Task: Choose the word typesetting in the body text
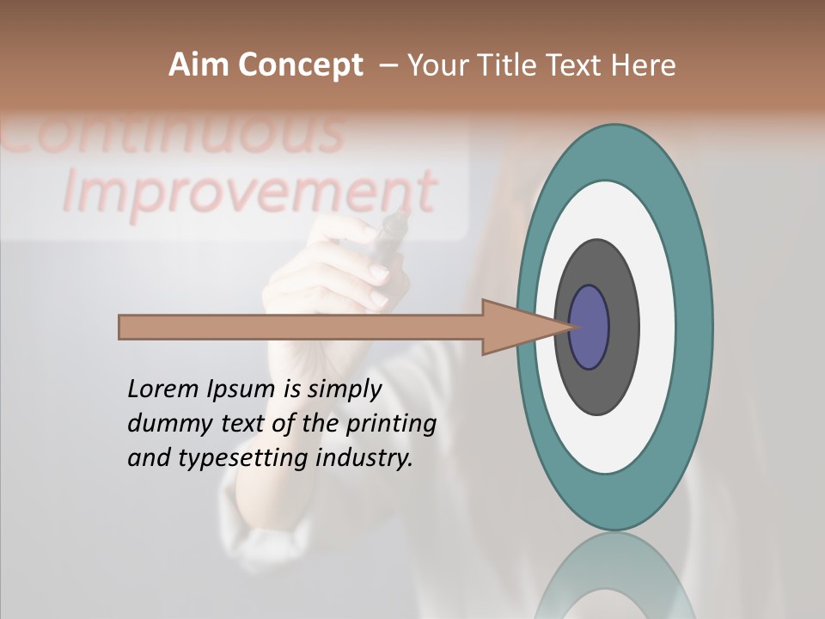(243, 459)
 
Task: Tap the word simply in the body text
(344, 390)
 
